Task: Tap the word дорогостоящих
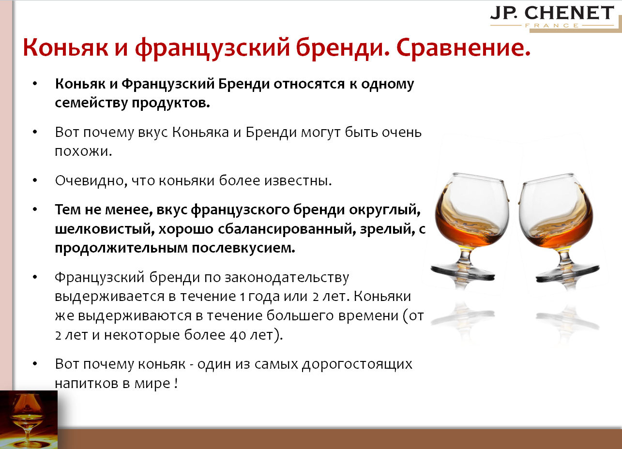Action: (357, 364)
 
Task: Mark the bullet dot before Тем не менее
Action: (35, 210)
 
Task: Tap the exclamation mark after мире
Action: (175, 383)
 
